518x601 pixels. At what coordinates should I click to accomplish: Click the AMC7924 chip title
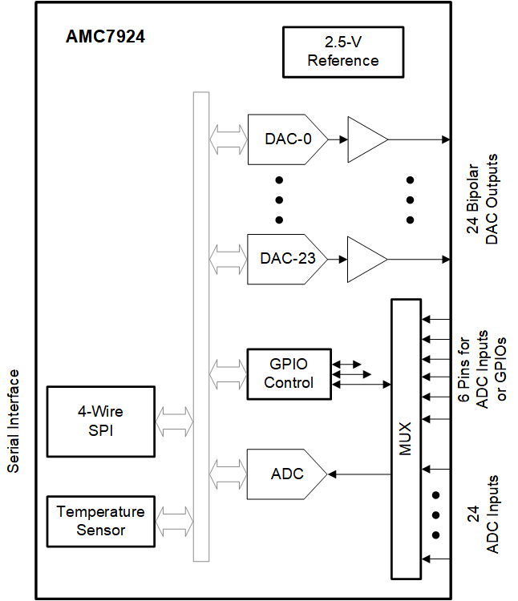[x=105, y=36]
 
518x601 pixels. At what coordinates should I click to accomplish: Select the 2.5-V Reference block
[x=342, y=50]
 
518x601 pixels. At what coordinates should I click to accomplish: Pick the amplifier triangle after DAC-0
[x=365, y=139]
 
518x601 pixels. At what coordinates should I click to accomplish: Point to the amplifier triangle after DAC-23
[x=365, y=259]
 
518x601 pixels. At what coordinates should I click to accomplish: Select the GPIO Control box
[x=289, y=373]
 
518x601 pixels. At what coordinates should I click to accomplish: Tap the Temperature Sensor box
[x=101, y=521]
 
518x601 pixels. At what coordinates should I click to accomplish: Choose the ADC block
[x=285, y=474]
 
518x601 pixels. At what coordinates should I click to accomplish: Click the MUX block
[x=405, y=439]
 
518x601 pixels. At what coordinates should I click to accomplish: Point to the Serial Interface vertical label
[x=14, y=422]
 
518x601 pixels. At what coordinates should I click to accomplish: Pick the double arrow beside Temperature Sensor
[x=175, y=521]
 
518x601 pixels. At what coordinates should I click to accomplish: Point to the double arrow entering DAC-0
[x=229, y=139]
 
